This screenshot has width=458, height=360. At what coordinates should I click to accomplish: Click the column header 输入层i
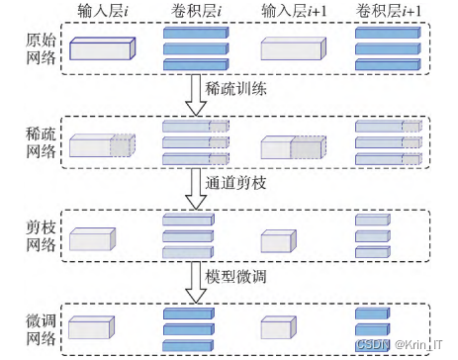(103, 12)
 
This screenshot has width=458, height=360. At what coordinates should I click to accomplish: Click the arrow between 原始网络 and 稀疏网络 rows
(195, 94)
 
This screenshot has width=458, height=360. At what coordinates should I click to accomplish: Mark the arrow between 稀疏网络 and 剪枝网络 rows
(195, 187)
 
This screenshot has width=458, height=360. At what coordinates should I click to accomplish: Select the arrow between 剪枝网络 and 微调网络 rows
(195, 280)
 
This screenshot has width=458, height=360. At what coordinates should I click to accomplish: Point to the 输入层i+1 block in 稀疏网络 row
(292, 146)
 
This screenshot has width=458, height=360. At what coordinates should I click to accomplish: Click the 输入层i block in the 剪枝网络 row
(91, 239)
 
